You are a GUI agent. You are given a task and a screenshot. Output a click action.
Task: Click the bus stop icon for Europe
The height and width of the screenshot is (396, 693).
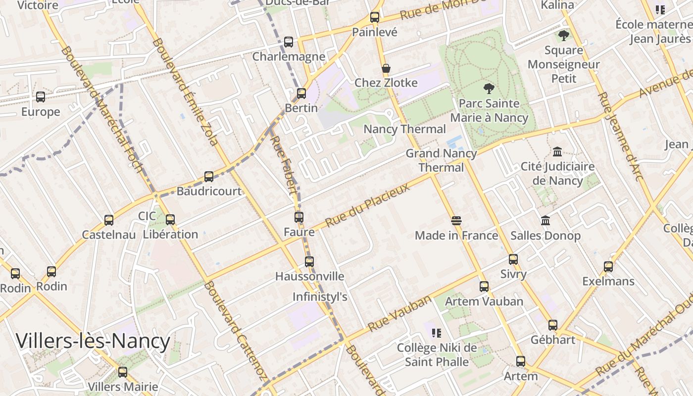click(41, 97)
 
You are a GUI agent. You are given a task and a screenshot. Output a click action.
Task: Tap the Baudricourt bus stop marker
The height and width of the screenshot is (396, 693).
click(209, 177)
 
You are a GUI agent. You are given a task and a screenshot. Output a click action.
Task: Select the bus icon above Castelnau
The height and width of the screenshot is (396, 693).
click(109, 220)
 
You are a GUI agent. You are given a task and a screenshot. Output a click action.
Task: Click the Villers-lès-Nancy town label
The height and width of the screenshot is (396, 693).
click(93, 342)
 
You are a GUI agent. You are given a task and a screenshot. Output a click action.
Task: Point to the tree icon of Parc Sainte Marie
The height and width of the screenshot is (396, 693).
click(489, 89)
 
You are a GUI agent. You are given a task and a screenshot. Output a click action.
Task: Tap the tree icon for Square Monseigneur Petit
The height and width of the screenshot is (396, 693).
click(563, 36)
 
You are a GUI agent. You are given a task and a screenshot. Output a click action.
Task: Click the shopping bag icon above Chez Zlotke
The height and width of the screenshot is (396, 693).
click(386, 68)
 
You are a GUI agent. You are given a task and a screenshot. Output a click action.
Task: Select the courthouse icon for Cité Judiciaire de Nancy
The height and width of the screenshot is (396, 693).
click(557, 151)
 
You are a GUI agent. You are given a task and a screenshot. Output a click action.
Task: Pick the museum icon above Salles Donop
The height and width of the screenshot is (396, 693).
click(545, 220)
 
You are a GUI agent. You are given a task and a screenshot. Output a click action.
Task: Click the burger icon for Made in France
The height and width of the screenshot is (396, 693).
click(456, 221)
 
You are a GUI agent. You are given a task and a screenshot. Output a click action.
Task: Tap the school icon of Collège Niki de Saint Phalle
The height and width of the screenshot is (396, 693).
click(436, 333)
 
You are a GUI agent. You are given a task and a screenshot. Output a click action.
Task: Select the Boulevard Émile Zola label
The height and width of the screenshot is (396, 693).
click(185, 92)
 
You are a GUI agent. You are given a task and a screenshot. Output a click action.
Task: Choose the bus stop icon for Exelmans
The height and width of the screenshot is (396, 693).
click(608, 267)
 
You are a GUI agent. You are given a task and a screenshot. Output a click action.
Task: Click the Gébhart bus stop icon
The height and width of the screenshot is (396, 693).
click(553, 325)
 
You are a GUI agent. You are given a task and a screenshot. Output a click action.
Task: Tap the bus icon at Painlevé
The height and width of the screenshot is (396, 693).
click(375, 17)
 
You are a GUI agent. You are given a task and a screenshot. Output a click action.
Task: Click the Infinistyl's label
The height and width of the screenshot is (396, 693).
click(320, 297)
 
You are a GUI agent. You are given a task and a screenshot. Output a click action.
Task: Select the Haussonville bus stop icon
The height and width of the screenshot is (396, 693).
click(309, 262)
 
